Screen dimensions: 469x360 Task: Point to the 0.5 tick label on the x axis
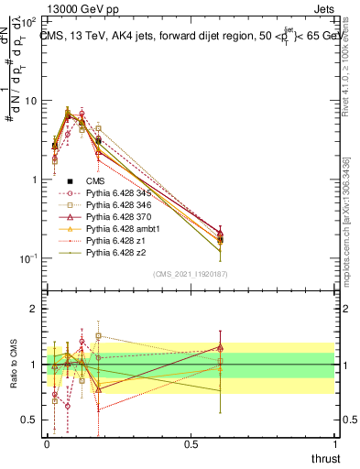tap(191, 443)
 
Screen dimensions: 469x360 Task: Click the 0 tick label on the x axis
tap(47, 443)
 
